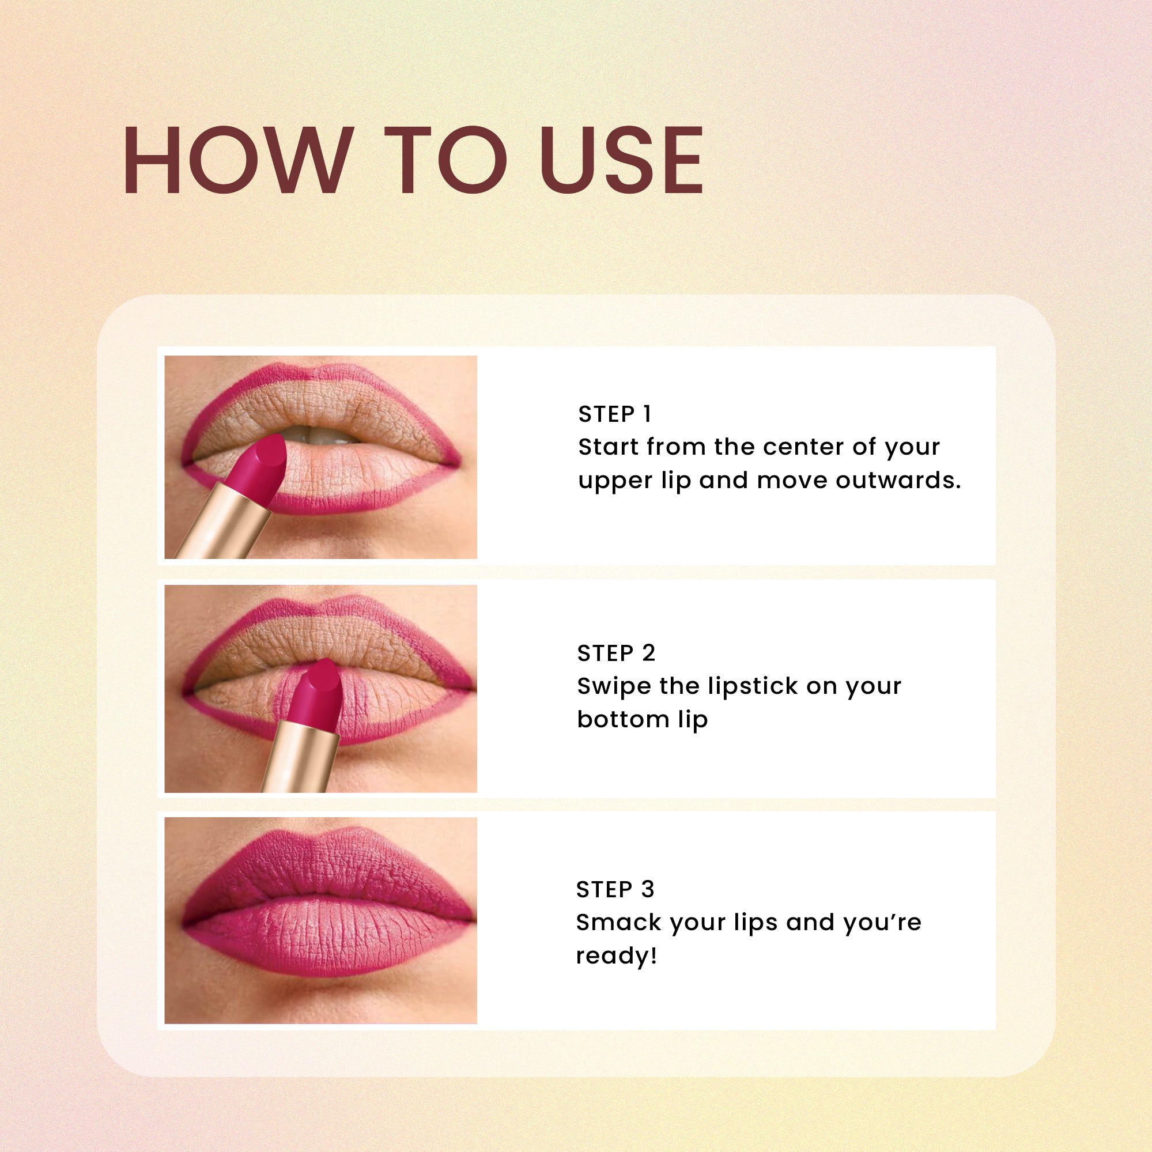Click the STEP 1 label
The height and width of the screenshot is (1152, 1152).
(615, 414)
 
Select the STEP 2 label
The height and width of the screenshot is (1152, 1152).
(616, 654)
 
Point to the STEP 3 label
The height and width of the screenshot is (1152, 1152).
(615, 890)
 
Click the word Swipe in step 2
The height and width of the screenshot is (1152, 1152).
(614, 687)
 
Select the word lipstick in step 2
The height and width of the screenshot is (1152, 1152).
(753, 687)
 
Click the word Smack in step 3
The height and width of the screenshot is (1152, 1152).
(618, 923)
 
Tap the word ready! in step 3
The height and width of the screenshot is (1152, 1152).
(616, 956)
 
